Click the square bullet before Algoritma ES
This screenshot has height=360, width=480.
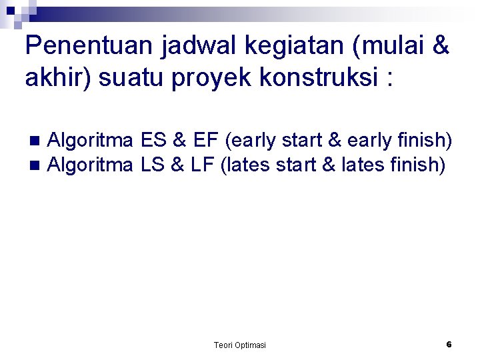pyautogui.click(x=35, y=141)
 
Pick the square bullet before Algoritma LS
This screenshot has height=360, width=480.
pyautogui.click(x=35, y=164)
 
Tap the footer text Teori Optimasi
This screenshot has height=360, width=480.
pyautogui.click(x=239, y=345)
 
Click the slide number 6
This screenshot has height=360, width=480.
pyautogui.click(x=449, y=344)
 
